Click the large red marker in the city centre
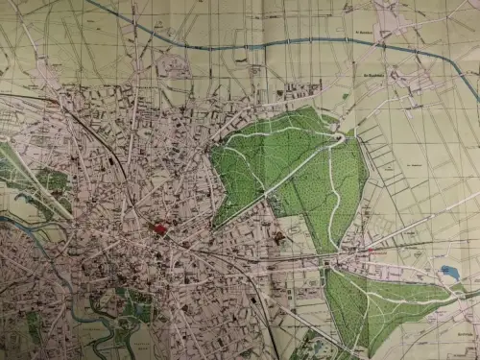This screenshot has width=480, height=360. click(x=159, y=228)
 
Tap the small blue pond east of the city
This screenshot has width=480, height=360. click(x=449, y=273)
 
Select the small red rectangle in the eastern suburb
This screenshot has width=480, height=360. click(x=370, y=252)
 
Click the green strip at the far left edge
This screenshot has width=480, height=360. click(x=10, y=168)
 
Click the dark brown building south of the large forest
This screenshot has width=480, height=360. click(x=278, y=236)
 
